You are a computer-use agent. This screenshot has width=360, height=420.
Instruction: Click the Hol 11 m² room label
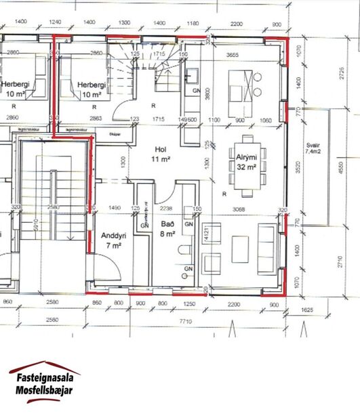click(x=161, y=154)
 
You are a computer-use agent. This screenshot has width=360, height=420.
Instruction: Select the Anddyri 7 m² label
click(x=113, y=240)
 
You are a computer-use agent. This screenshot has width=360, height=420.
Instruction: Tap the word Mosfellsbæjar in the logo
click(x=44, y=390)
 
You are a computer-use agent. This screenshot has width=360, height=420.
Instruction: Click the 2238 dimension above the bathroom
click(x=167, y=209)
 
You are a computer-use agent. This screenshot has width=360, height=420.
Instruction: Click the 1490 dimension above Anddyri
click(x=115, y=209)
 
